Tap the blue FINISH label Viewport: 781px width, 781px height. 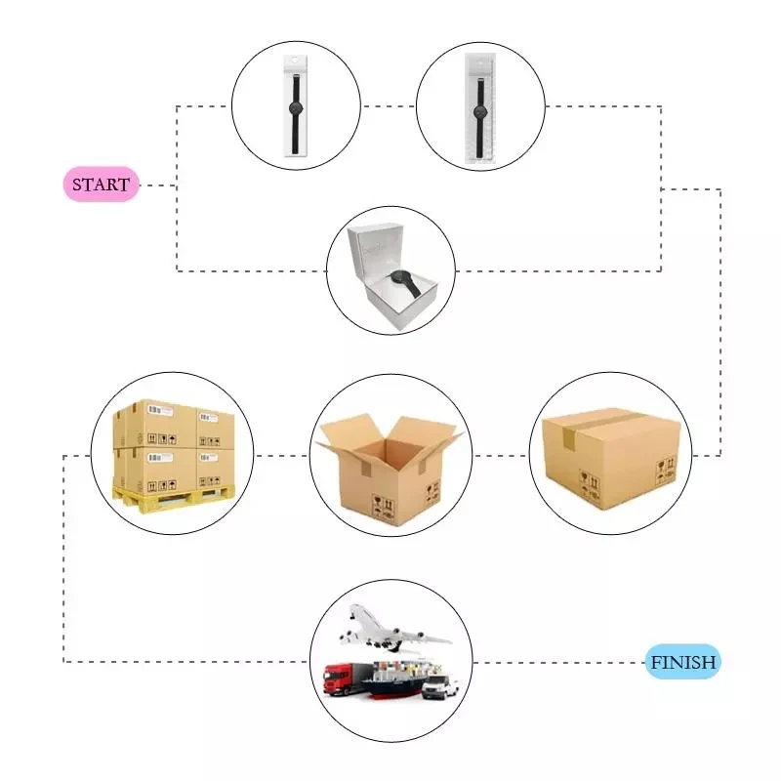(x=683, y=662)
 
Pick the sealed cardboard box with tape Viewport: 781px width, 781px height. (x=610, y=454)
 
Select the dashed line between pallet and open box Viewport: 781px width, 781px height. (x=282, y=455)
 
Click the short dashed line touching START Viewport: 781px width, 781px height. (x=158, y=185)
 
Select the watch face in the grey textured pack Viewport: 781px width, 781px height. (x=479, y=109)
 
